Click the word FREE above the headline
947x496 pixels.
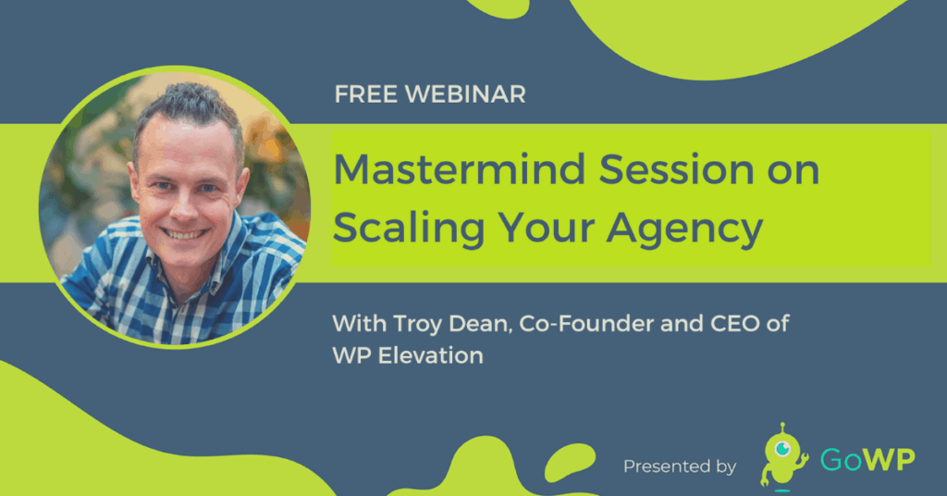[x=365, y=94]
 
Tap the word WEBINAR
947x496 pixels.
[x=465, y=94]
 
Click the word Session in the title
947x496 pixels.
[x=676, y=169]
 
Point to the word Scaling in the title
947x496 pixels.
[x=409, y=229]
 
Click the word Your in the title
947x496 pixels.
[x=546, y=228]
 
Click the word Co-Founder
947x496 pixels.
[x=586, y=324]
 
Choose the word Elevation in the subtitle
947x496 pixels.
[x=431, y=356]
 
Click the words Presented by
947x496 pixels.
[x=680, y=466]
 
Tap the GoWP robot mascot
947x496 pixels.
[x=782, y=456]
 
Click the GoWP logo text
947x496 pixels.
[x=867, y=460]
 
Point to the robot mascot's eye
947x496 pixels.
[x=783, y=449]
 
